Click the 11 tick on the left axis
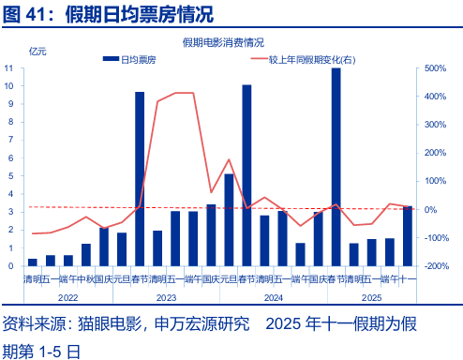click(x=8, y=68)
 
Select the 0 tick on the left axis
click(x=10, y=266)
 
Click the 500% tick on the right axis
click(x=438, y=68)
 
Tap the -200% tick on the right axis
click(x=438, y=266)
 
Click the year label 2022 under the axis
click(x=67, y=298)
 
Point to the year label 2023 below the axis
click(x=166, y=298)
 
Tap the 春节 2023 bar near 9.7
click(x=140, y=179)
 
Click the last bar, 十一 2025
click(x=408, y=236)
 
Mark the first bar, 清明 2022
click(x=32, y=262)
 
